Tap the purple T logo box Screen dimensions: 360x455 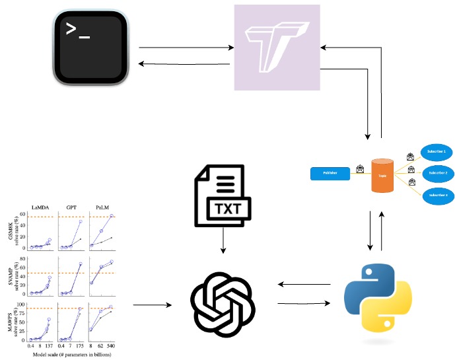(x=277, y=47)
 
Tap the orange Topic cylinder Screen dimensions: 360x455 (x=382, y=176)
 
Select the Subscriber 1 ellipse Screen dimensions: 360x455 (x=434, y=152)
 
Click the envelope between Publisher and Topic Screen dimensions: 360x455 (x=361, y=169)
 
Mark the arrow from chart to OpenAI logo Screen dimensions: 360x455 (x=152, y=305)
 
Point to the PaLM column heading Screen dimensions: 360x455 (x=102, y=208)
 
